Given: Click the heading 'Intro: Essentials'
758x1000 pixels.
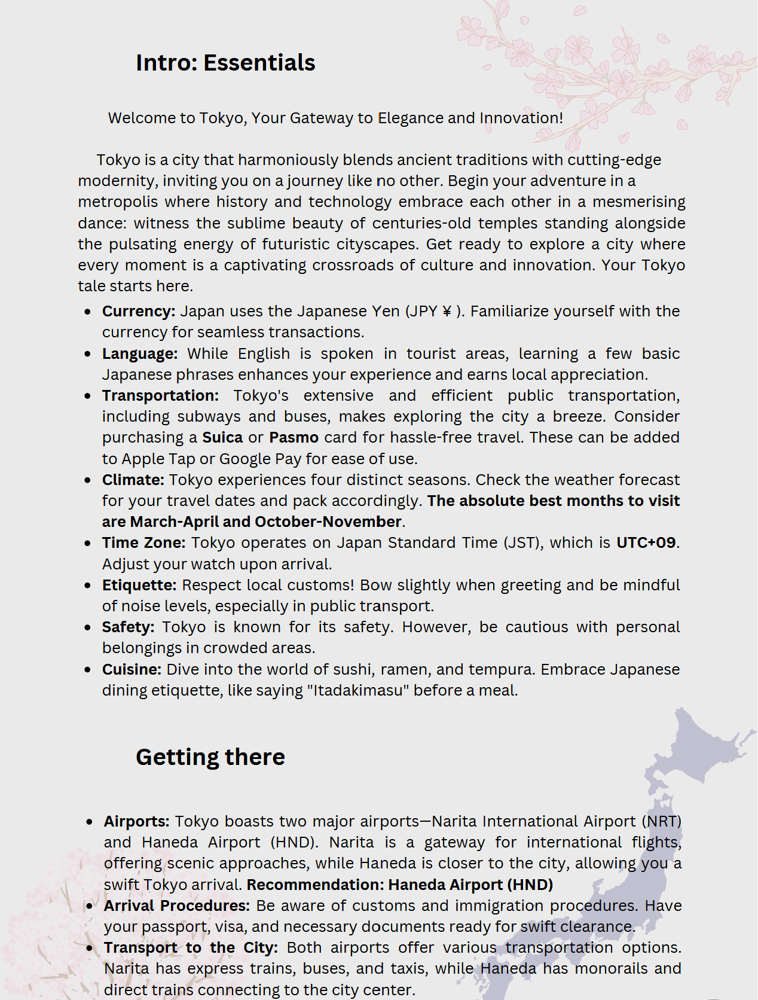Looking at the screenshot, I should point(225,63).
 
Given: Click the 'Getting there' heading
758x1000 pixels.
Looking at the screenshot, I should point(210,757).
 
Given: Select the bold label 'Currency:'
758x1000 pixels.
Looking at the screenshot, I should point(139,312).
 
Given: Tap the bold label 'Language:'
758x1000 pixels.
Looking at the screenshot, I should point(140,354).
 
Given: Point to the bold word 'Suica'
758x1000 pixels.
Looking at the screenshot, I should point(222,438).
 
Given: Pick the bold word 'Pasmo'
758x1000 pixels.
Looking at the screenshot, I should point(294,438).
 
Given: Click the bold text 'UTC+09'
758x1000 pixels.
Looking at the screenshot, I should point(646,543).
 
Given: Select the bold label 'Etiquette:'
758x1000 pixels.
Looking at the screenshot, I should point(139,585).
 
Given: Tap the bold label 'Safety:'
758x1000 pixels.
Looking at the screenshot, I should point(128,627).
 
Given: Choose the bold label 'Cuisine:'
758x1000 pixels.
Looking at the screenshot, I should point(132,669).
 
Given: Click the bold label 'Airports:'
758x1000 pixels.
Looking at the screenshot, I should point(136,822).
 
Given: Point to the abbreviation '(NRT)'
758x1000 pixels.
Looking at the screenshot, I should point(662,822).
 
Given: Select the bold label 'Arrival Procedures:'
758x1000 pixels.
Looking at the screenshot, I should point(176,906).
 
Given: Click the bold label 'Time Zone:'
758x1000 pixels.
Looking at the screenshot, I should point(143,543).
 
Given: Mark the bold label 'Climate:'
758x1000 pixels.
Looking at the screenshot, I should point(133,480).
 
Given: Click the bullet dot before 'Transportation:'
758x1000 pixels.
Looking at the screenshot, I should point(88,397).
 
